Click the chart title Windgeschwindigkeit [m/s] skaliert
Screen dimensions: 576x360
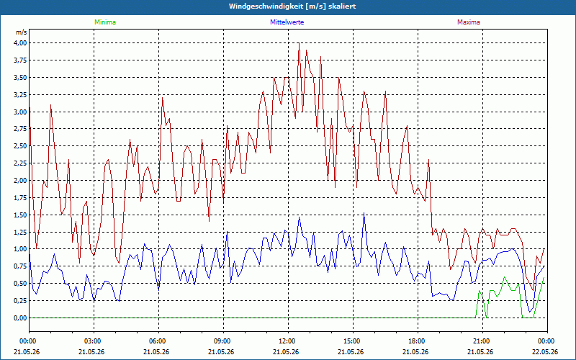coord(292,6)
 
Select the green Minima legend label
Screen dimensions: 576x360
coord(105,22)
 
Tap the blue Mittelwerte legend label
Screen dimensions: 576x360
coord(287,22)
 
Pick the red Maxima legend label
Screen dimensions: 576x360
coord(469,22)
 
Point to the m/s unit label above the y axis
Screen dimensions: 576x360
coord(22,32)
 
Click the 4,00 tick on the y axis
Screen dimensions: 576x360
coord(21,43)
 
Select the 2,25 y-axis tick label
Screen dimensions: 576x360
coord(21,163)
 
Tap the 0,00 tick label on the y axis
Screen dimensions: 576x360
coord(21,318)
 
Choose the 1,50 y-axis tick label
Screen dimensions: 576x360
coord(21,215)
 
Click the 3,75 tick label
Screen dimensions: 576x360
coord(21,60)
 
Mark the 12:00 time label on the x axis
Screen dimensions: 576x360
coord(287,341)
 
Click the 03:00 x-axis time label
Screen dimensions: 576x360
coord(94,341)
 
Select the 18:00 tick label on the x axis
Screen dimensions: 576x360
coord(418,341)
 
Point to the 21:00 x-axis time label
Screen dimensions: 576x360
coord(482,341)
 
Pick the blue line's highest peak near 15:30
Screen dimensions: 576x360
coord(364,212)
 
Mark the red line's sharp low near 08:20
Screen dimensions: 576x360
coord(209,222)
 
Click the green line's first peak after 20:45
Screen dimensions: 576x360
coord(479,291)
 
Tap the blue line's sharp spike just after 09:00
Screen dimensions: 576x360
coord(228,231)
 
